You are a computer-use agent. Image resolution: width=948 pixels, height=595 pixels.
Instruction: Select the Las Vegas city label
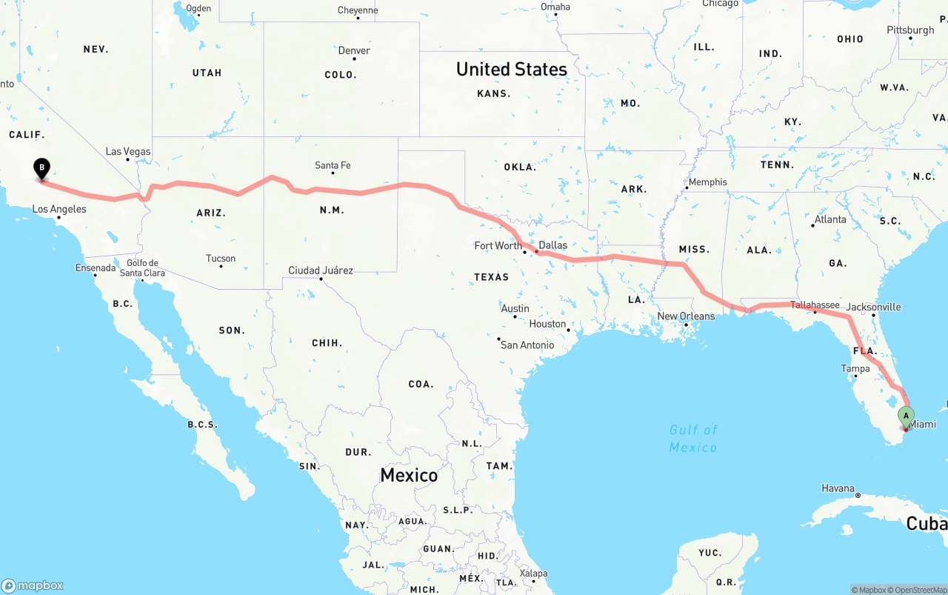[128, 151]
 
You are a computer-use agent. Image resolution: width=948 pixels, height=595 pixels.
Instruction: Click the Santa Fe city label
[333, 165]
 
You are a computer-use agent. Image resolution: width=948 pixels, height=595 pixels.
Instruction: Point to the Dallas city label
[553, 245]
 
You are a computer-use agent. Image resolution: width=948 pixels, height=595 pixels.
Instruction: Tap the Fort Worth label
[498, 245]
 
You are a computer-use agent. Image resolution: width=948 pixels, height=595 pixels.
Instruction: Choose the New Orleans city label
[687, 316]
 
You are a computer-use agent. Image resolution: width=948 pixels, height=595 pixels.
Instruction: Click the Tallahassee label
[815, 305]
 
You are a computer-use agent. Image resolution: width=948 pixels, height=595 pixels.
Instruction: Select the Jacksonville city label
[874, 307]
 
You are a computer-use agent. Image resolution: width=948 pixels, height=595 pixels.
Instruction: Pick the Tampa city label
[855, 368]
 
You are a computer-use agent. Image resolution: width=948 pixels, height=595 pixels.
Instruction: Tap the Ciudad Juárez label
[321, 270]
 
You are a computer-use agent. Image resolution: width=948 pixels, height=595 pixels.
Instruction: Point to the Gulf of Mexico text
[693, 438]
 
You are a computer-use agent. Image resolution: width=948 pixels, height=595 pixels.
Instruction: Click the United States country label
[512, 69]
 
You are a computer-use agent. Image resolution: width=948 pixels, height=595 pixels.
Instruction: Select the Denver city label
[354, 50]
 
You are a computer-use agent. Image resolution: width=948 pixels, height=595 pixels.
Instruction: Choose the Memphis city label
[708, 182]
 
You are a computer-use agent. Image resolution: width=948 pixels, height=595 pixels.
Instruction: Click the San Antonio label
[527, 345]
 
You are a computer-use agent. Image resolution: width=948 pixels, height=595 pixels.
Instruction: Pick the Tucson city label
[221, 259]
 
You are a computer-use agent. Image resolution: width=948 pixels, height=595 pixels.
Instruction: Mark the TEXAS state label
[492, 277]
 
